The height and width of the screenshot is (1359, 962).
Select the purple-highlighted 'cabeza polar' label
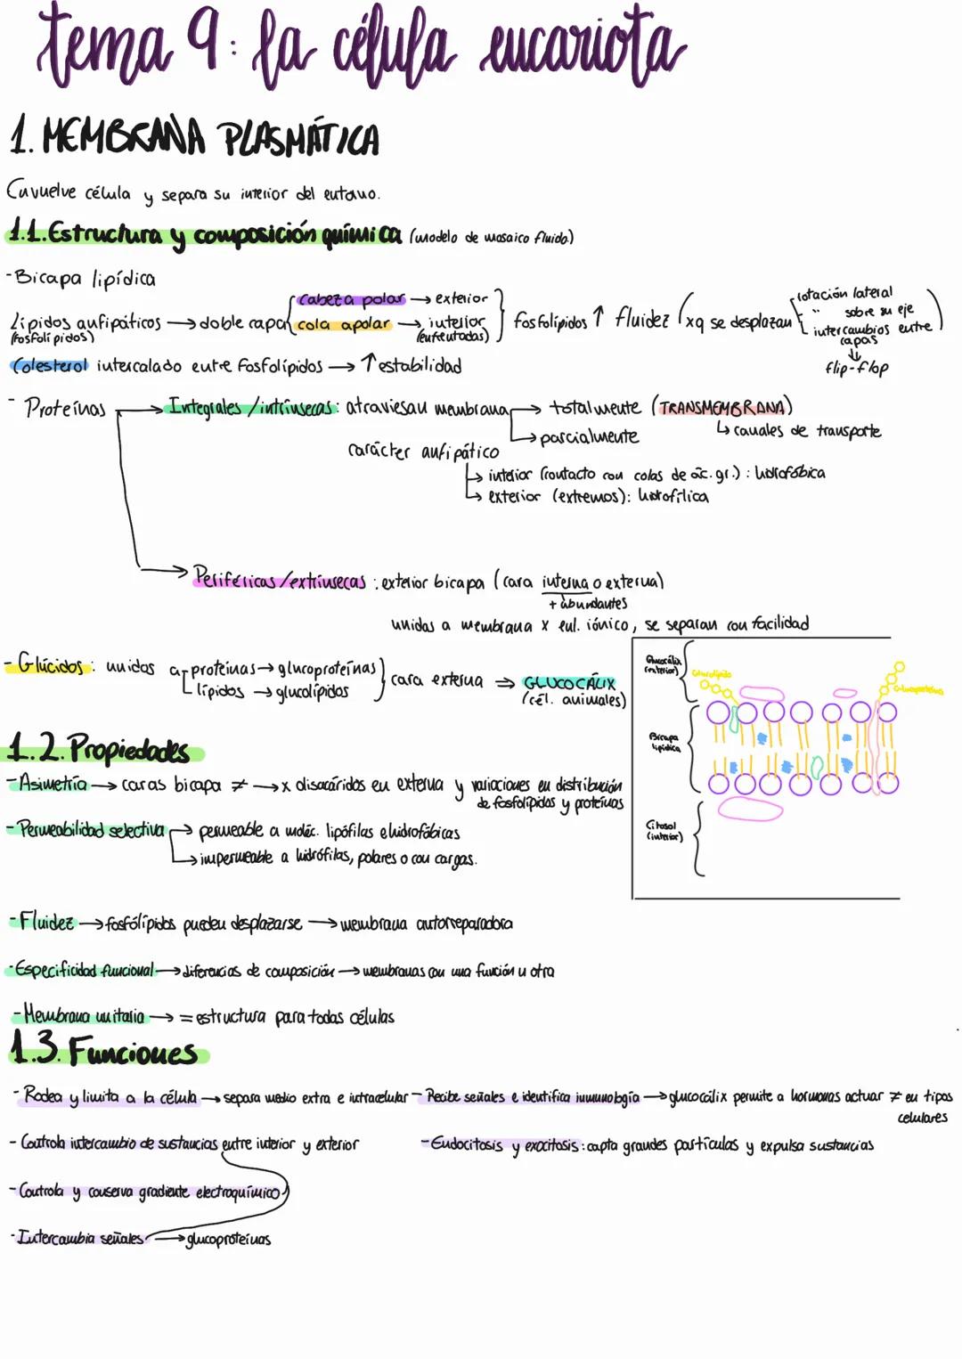(x=351, y=299)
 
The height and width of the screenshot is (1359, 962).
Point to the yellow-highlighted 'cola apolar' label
(x=344, y=325)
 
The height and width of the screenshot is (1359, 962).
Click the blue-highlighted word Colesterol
(x=51, y=365)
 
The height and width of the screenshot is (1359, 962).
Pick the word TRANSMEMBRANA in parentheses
(x=722, y=408)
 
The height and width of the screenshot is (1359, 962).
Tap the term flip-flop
(x=856, y=367)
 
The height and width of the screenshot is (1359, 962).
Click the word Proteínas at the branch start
(x=64, y=409)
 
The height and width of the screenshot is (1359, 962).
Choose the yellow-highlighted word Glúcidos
(x=50, y=664)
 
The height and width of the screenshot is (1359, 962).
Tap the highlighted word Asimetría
(x=53, y=785)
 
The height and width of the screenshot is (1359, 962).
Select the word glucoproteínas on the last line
(x=228, y=1239)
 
